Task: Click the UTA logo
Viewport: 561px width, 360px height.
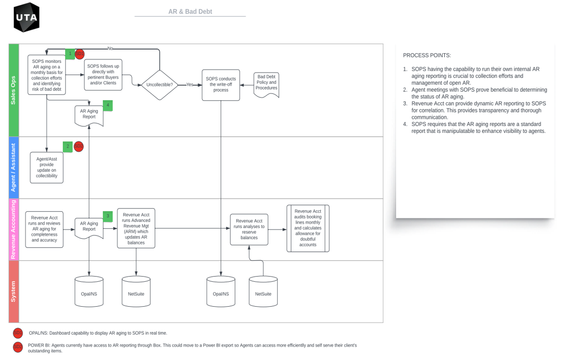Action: tap(26, 17)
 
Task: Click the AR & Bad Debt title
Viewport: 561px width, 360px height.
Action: tap(190, 11)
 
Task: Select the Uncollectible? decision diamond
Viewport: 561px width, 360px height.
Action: tap(160, 85)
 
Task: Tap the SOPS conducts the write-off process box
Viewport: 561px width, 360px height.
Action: tap(221, 85)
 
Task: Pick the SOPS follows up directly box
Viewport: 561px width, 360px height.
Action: tap(103, 75)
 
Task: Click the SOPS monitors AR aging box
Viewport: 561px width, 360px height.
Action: tap(47, 74)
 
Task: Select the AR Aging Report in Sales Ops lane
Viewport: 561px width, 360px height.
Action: tap(89, 115)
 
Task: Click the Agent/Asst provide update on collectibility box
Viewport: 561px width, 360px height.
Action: tap(47, 167)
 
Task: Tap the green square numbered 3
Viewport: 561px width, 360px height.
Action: tap(108, 216)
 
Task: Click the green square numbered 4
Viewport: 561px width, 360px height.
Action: tap(108, 105)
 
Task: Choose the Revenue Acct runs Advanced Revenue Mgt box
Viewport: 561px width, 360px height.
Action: tap(136, 228)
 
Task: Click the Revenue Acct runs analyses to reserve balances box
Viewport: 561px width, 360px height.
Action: tap(249, 229)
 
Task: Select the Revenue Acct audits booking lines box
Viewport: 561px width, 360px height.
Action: tap(308, 228)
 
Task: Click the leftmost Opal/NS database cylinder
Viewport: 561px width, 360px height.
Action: tap(89, 292)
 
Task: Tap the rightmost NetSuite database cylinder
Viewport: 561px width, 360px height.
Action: tap(263, 292)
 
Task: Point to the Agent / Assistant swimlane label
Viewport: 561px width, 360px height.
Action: tap(13, 167)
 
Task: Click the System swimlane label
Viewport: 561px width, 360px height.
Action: tap(13, 291)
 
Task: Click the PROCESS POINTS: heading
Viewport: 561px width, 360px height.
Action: tap(427, 55)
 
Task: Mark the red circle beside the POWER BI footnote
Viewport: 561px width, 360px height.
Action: tap(18, 347)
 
